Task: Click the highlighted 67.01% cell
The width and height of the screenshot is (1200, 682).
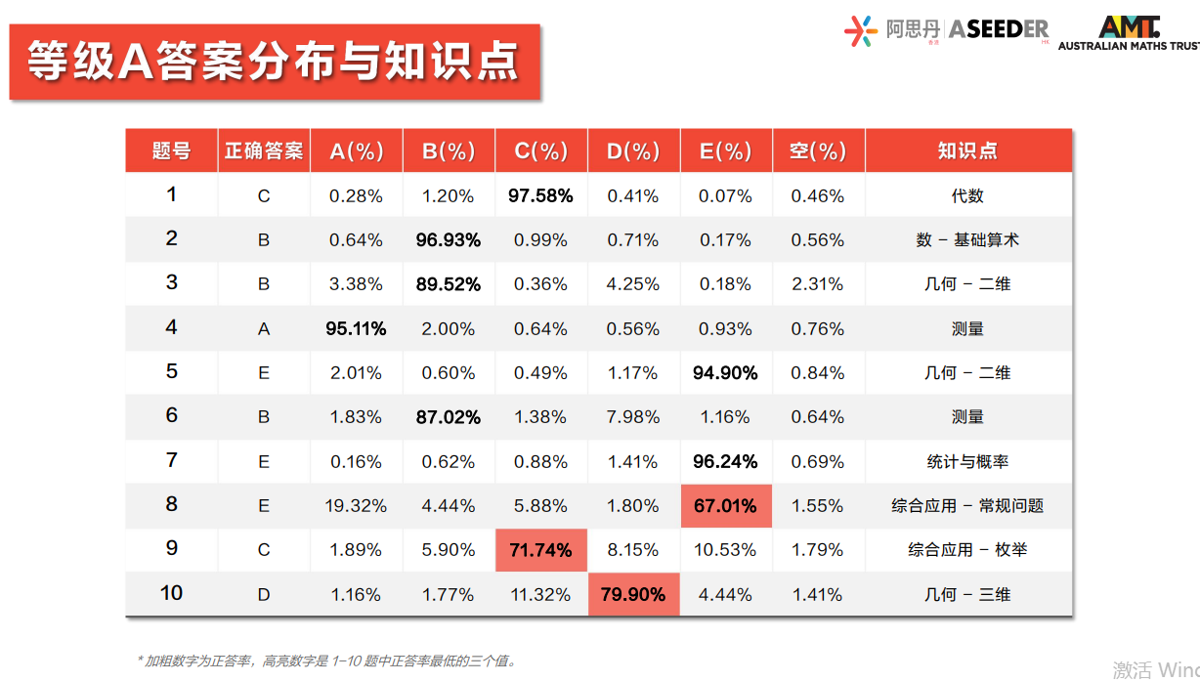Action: coord(725,506)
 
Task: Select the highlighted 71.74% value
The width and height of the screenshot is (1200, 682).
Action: coord(540,550)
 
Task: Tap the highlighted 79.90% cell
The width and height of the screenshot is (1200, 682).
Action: coord(633,594)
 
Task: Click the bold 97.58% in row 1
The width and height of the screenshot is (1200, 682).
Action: coord(540,195)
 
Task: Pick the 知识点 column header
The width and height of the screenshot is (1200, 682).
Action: coord(967,150)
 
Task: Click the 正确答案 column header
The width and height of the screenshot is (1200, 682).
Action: coord(264,150)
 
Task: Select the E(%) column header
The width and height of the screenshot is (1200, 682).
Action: coord(725,151)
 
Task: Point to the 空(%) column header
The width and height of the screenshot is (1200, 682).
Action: coord(818,151)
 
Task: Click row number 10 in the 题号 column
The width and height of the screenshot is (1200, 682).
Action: coord(171,592)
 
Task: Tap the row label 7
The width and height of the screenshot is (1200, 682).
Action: coord(171,459)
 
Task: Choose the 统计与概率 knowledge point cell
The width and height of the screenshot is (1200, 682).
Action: coord(967,461)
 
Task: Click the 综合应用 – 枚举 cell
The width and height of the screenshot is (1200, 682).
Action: coord(967,550)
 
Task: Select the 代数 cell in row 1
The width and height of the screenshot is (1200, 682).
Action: coord(967,195)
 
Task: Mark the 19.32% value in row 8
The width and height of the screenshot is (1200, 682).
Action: coord(356,506)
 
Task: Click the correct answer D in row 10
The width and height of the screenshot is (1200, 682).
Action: coord(264,594)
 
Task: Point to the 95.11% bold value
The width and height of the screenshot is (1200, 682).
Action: coord(356,328)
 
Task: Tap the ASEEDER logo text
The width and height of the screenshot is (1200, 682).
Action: coord(999,29)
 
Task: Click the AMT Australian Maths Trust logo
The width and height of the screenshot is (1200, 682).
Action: coord(1129,33)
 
